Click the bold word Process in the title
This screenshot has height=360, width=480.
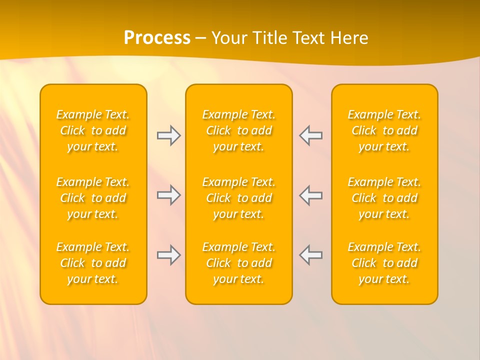pyautogui.click(x=157, y=38)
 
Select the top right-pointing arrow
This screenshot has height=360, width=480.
pyautogui.click(x=169, y=135)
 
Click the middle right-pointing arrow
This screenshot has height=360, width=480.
pyautogui.click(x=169, y=195)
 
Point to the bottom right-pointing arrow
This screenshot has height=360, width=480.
pyautogui.click(x=169, y=255)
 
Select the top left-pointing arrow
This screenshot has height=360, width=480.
pyautogui.click(x=310, y=135)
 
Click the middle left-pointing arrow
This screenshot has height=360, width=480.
pyautogui.click(x=310, y=195)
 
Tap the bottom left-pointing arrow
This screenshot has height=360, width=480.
pyautogui.click(x=310, y=255)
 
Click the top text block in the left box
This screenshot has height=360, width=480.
pyautogui.click(x=93, y=130)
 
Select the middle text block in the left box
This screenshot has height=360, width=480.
pyautogui.click(x=93, y=198)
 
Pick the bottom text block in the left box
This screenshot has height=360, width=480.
pyautogui.click(x=93, y=263)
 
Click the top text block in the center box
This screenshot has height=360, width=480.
pyautogui.click(x=239, y=130)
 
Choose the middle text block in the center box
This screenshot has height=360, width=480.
pyautogui.click(x=239, y=198)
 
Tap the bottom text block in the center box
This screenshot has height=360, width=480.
pyautogui.click(x=239, y=263)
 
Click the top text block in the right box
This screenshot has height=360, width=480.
pyautogui.click(x=384, y=130)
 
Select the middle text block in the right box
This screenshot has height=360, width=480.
pyautogui.click(x=384, y=198)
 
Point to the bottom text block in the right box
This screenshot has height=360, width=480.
pyautogui.click(x=384, y=263)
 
